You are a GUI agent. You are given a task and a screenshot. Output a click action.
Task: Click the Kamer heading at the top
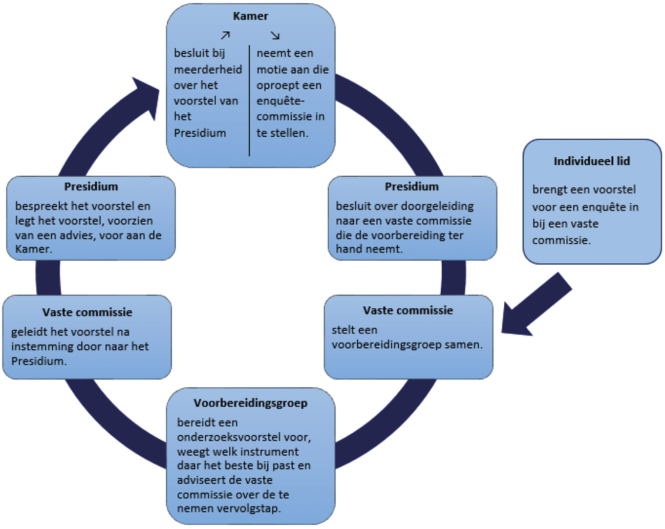[250, 16]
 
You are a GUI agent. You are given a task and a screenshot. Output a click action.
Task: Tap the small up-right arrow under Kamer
[225, 35]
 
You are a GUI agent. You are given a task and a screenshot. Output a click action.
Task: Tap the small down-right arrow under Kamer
[275, 35]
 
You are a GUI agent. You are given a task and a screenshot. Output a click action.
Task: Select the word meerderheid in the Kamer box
[208, 69]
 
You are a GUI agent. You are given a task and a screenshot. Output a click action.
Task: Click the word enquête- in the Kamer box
[281, 101]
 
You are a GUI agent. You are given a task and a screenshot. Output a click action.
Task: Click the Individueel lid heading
[592, 161]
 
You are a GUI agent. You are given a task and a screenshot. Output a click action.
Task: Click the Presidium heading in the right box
[412, 186]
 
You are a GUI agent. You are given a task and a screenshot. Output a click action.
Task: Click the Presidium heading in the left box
[91, 186]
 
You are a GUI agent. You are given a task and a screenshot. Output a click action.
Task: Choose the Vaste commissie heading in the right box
[408, 310]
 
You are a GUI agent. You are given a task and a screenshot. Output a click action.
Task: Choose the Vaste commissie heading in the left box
[88, 312]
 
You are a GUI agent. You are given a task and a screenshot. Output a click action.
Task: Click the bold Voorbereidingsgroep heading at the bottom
[250, 403]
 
